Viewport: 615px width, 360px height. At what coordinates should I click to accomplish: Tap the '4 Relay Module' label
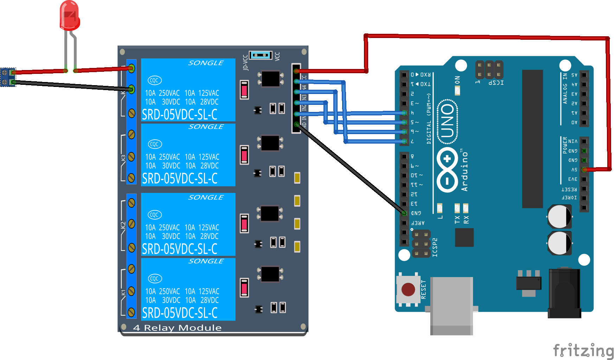177,328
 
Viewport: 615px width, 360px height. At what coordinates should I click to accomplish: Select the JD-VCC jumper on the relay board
261,55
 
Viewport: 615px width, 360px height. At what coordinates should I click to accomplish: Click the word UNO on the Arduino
447,121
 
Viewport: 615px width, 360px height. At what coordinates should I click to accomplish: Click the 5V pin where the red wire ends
584,170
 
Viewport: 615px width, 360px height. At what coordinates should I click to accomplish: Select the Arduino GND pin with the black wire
404,213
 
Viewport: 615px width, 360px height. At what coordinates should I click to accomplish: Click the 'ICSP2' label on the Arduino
435,247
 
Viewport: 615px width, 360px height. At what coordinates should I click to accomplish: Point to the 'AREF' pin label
418,223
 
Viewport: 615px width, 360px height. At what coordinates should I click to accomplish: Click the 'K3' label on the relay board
123,158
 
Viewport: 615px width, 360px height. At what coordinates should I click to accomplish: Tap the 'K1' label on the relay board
123,292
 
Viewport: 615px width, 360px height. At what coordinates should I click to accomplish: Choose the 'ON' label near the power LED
457,80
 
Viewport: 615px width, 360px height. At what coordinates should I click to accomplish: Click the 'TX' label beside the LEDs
457,220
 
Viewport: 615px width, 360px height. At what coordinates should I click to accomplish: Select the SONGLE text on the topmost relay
206,63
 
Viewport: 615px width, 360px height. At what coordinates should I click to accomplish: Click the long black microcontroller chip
532,139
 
